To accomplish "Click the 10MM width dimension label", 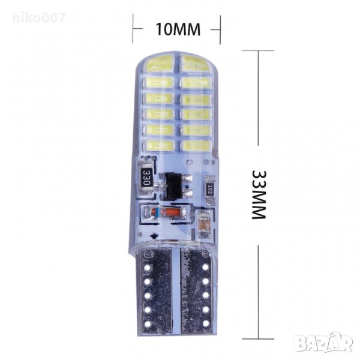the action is coord(178,29).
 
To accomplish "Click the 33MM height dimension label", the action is coord(259,194).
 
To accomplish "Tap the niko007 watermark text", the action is coord(39,18).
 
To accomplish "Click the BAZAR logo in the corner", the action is coord(323,343).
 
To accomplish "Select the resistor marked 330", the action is coord(146,177).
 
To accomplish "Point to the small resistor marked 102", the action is coord(210,190).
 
